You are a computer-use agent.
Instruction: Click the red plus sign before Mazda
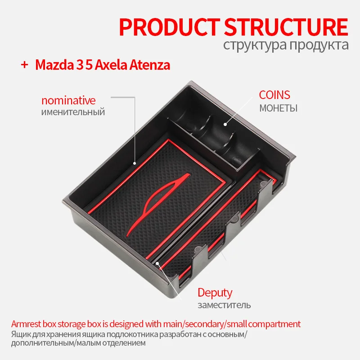pos(24,65)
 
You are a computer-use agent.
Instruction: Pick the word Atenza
pos(151,65)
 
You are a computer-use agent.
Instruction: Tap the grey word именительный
pos(73,112)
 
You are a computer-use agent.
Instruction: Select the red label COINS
pos(274,95)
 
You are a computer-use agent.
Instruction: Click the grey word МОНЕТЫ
pos(278,108)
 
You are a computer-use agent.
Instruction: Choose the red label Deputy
pos(215,293)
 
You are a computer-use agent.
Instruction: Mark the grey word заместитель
pos(224,306)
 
